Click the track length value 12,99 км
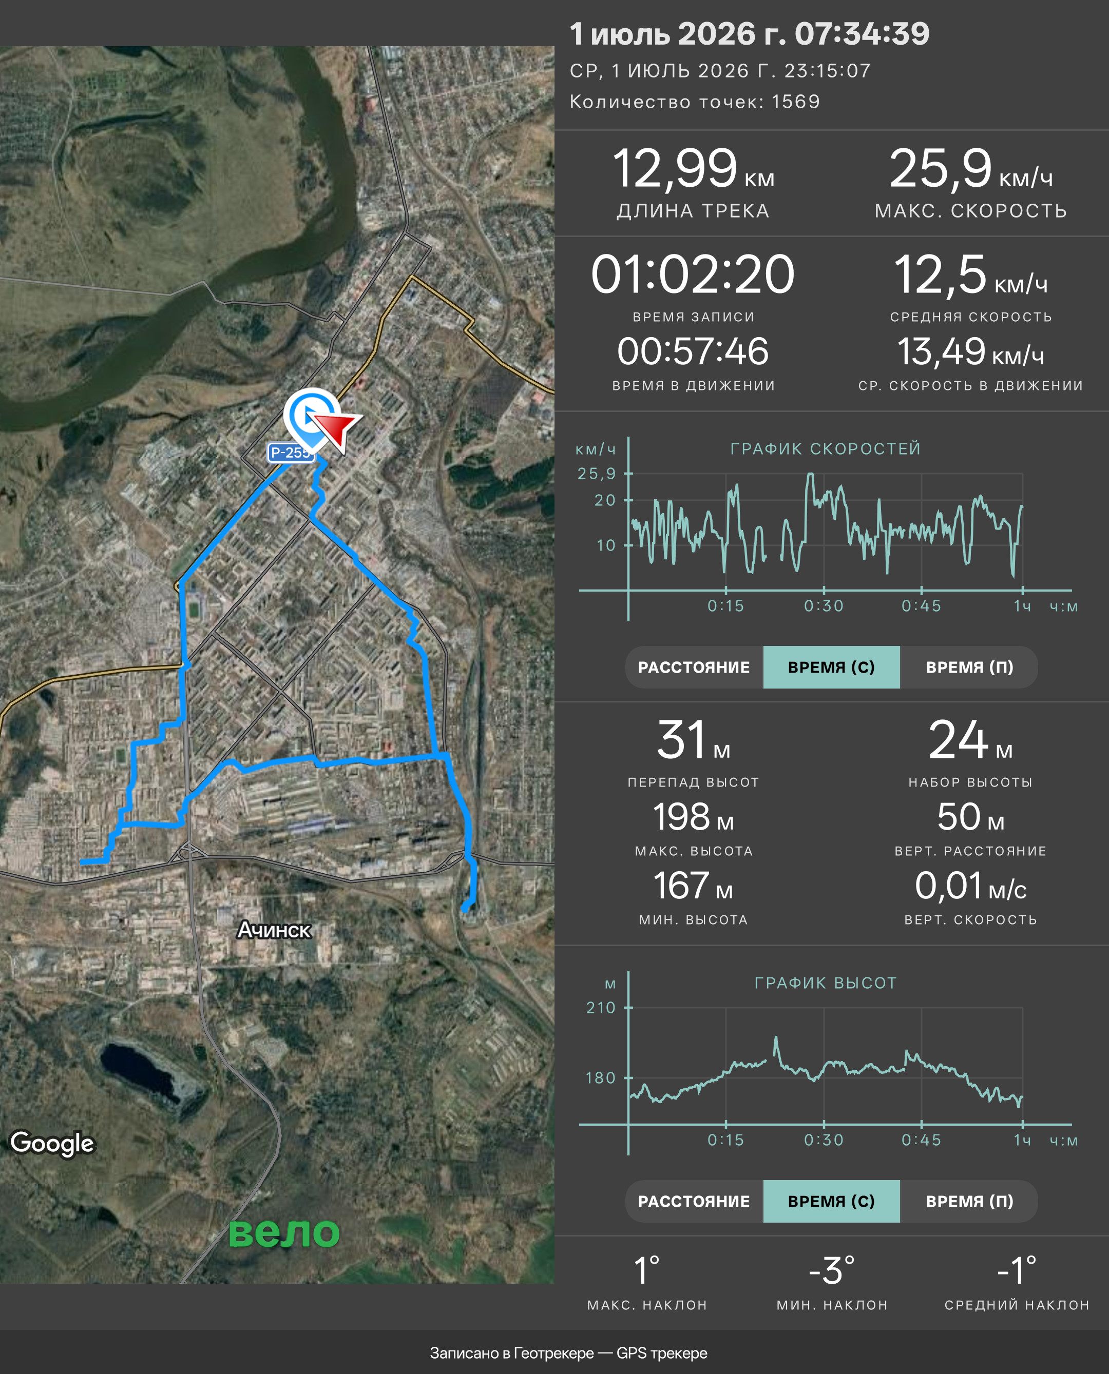[x=693, y=170]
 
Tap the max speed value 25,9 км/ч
[x=971, y=170]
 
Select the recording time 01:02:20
[x=693, y=274]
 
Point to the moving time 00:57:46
[x=693, y=352]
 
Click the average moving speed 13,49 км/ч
[x=971, y=352]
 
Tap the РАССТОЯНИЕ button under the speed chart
[x=694, y=667]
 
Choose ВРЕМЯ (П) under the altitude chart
[x=969, y=1201]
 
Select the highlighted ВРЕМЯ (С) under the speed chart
[x=831, y=667]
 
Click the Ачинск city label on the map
[x=274, y=930]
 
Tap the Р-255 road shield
[x=291, y=453]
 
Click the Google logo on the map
[x=52, y=1143]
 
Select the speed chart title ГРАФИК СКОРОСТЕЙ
[x=826, y=449]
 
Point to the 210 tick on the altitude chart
[x=601, y=1008]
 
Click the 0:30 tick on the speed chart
[x=824, y=606]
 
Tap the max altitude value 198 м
[x=693, y=817]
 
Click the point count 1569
[x=796, y=102]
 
